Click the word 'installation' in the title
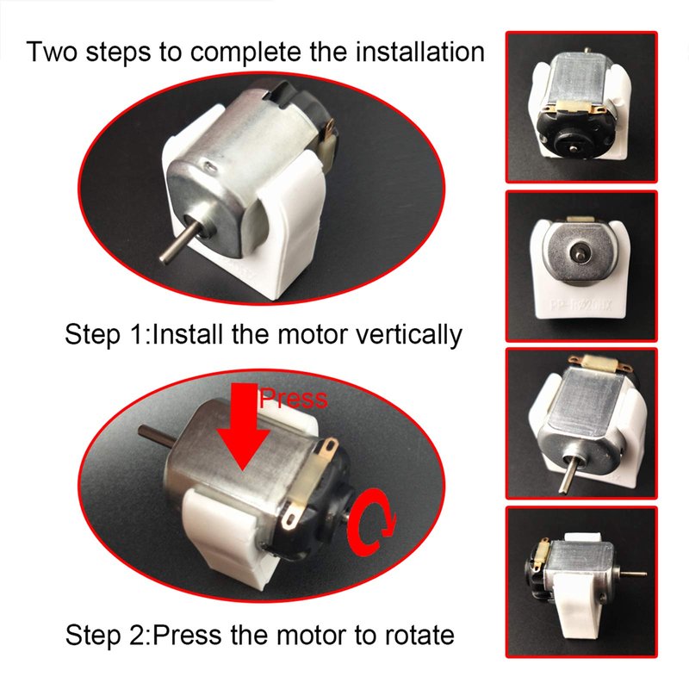(x=419, y=52)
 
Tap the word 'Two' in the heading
(x=53, y=52)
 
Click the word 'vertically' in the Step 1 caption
(x=408, y=335)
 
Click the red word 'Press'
(x=293, y=398)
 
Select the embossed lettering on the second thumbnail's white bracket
(x=580, y=304)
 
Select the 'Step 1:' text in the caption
(x=108, y=335)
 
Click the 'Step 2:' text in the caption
(x=109, y=636)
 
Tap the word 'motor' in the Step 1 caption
(x=312, y=335)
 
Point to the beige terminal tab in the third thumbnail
(x=599, y=364)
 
